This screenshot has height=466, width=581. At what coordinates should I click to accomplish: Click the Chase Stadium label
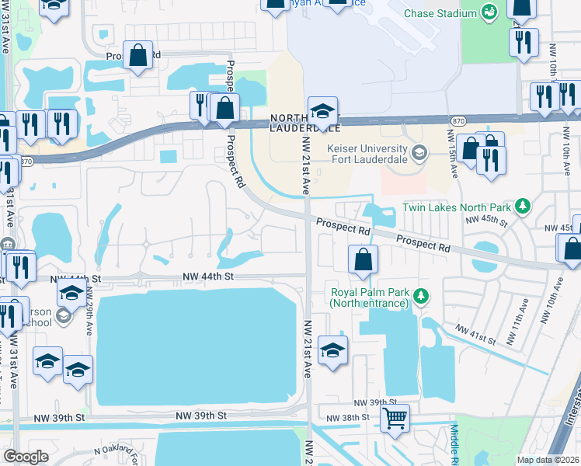[x=440, y=13]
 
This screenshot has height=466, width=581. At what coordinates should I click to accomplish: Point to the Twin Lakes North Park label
[x=457, y=207]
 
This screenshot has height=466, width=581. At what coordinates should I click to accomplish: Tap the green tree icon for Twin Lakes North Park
[x=524, y=207]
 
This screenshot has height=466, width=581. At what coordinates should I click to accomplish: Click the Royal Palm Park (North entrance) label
[x=369, y=297]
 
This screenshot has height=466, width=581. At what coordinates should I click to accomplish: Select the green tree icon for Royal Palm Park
[x=421, y=295]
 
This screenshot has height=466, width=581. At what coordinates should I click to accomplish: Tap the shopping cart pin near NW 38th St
[x=395, y=419]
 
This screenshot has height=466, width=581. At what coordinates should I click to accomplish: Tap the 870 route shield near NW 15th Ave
[x=457, y=120]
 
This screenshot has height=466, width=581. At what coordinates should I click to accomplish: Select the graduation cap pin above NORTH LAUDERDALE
[x=322, y=110]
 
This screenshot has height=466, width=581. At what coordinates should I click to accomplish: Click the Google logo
[x=26, y=457]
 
